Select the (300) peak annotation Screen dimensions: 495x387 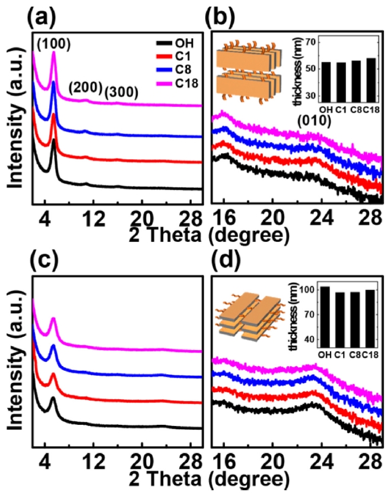pyautogui.click(x=121, y=92)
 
